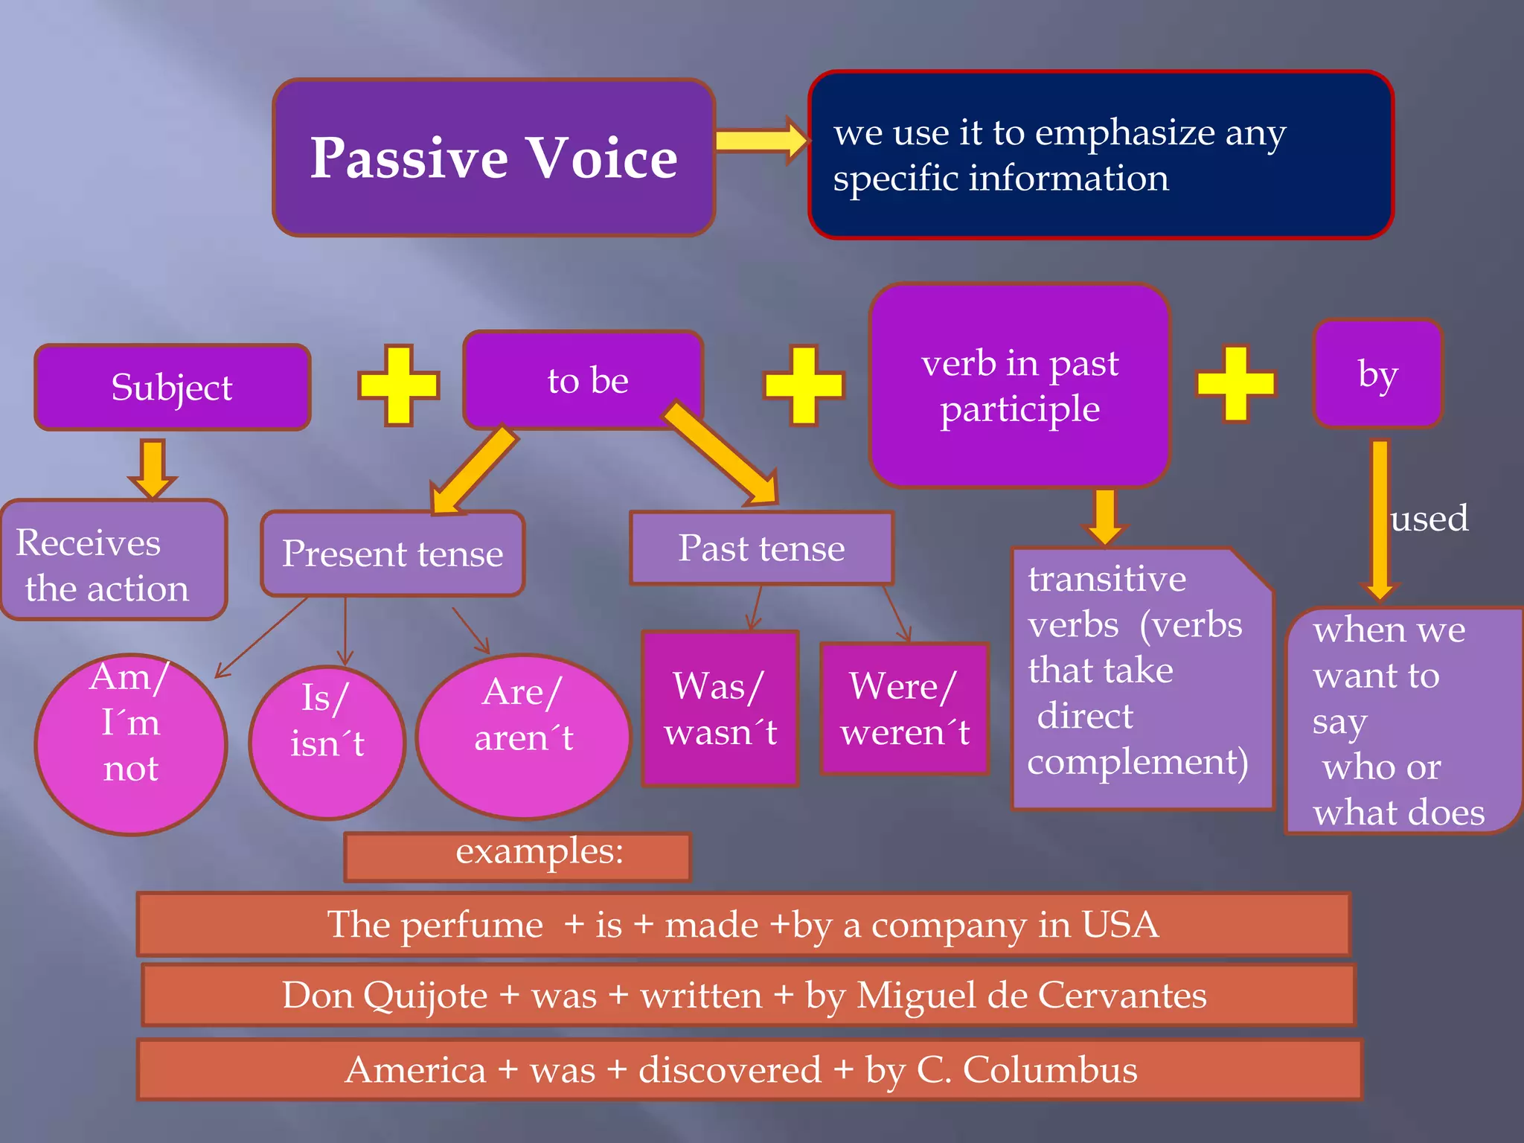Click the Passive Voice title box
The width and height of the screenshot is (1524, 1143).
tap(493, 158)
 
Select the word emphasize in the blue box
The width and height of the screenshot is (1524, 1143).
tap(1124, 134)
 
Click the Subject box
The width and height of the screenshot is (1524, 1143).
tap(172, 387)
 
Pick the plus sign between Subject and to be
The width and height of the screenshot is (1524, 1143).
tap(399, 385)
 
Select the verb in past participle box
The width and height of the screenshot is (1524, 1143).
tap(1019, 385)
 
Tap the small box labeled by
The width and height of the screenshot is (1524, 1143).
tap(1377, 374)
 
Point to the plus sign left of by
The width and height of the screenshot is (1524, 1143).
tap(1235, 383)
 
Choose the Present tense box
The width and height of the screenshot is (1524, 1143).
tap(392, 554)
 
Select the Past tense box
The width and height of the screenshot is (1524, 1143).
tap(761, 548)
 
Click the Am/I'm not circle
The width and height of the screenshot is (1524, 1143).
tap(131, 744)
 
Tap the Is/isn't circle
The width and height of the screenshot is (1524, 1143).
tap(327, 741)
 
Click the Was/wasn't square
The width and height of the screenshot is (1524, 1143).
tap(720, 708)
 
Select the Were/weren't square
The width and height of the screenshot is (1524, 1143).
tap(904, 708)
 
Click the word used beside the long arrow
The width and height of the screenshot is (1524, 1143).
tap(1429, 519)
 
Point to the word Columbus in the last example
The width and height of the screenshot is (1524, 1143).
tap(1049, 1070)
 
